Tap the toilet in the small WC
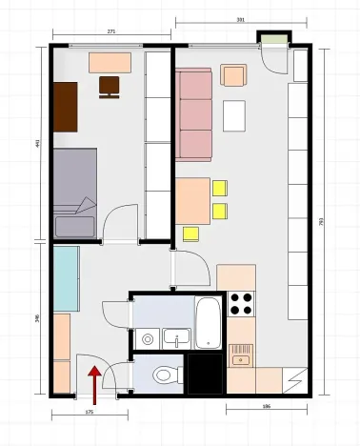[164, 375]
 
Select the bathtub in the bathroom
[208, 323]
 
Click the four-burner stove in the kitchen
[241, 304]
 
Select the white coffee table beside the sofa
[234, 115]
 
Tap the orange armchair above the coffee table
[234, 75]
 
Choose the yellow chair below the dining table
[190, 233]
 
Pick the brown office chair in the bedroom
[110, 86]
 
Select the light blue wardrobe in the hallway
[66, 277]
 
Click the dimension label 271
[111, 32]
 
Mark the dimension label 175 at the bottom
[89, 412]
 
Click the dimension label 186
[269, 407]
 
